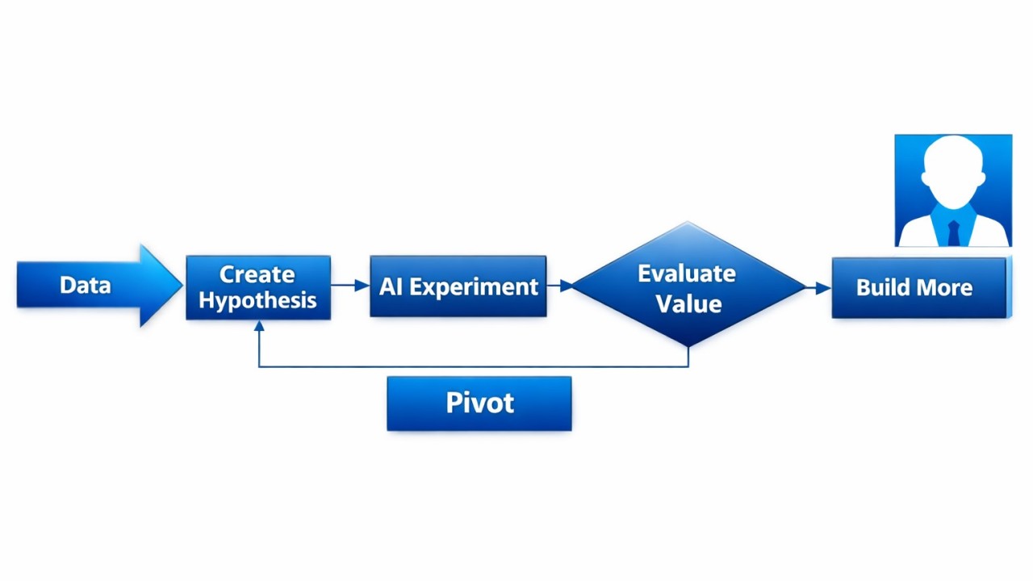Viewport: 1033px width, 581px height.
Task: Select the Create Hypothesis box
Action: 258,287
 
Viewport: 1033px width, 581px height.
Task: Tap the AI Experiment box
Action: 458,286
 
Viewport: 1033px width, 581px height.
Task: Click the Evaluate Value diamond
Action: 688,287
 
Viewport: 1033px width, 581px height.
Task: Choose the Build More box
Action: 919,288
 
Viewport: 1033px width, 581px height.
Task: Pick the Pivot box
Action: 479,403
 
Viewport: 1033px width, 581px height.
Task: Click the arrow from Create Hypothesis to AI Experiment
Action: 350,286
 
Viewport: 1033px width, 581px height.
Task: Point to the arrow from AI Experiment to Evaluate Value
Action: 560,286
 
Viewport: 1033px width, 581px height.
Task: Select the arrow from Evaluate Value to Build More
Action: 818,287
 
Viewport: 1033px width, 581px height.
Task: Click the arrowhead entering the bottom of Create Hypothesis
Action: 259,327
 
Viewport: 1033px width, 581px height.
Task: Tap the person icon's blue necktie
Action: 954,232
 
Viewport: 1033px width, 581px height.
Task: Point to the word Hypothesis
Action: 257,301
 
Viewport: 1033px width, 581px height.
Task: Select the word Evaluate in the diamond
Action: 687,274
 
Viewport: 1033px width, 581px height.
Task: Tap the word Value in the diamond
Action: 688,303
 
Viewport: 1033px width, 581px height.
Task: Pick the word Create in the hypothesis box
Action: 257,274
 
